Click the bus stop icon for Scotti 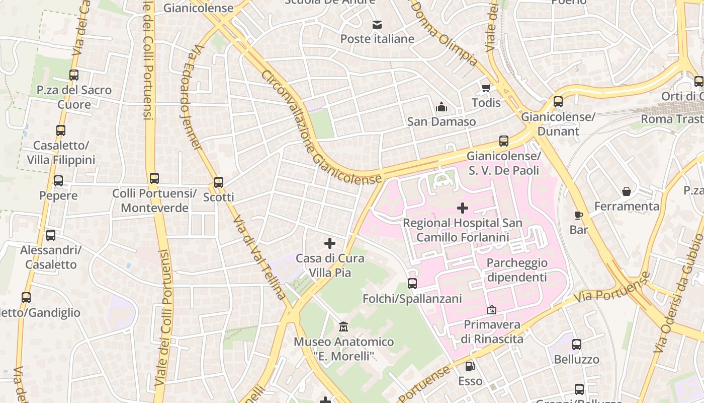(x=219, y=182)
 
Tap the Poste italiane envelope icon (x=377, y=24)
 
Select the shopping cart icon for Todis (x=486, y=88)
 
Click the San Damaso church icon (x=442, y=107)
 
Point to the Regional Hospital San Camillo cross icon (x=463, y=208)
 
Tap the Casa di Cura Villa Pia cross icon (x=330, y=243)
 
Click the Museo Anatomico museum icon (x=343, y=327)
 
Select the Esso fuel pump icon (x=470, y=366)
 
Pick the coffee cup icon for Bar (x=579, y=215)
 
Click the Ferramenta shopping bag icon (x=627, y=191)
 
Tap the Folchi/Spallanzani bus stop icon (x=412, y=284)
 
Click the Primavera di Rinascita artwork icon (x=492, y=310)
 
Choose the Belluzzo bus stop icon (x=577, y=345)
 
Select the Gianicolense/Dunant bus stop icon (x=558, y=102)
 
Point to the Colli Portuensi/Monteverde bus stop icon (x=154, y=178)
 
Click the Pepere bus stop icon (x=58, y=181)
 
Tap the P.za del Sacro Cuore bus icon (x=74, y=75)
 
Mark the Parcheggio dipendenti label (x=516, y=270)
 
